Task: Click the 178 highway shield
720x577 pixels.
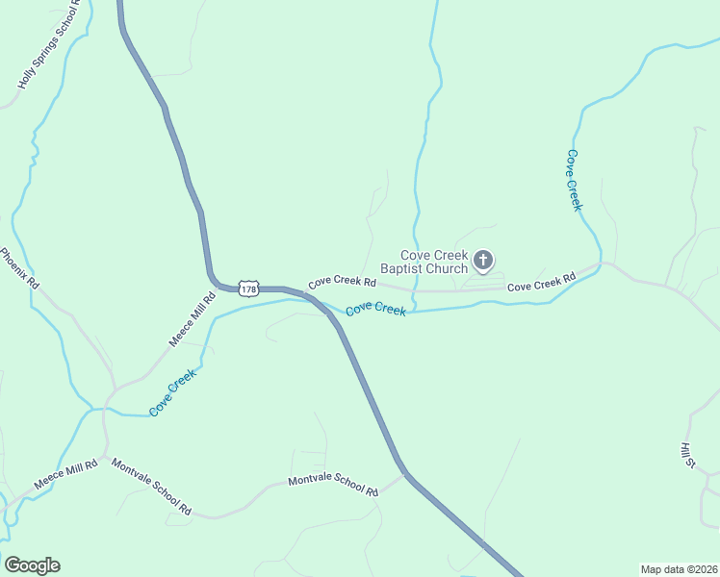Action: click(249, 288)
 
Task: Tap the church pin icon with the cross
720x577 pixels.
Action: click(483, 260)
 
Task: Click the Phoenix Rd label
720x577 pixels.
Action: click(18, 269)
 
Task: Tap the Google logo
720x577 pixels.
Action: click(32, 565)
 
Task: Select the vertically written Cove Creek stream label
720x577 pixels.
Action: click(575, 180)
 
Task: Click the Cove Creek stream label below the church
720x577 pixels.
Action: click(375, 309)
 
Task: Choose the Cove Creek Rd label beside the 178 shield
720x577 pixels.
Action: click(342, 283)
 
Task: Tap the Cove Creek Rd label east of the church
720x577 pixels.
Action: click(541, 282)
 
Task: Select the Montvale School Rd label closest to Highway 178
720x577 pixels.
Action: click(333, 486)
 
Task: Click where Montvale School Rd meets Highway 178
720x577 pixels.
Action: click(405, 473)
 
